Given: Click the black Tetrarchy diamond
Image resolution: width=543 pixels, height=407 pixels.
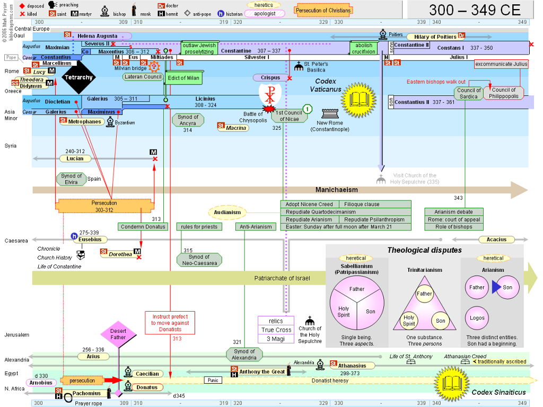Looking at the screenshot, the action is coord(78,77).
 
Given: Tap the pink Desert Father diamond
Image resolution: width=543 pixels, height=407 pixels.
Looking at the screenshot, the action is coord(118,334).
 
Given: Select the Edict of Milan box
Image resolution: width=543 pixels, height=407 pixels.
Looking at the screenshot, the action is coord(183,78).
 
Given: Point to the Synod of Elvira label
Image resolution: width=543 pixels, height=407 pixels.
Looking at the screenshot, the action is coord(72,179).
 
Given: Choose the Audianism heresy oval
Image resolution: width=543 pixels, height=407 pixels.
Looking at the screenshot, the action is coord(227,212).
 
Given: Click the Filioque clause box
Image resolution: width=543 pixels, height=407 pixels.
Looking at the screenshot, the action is coord(375,204).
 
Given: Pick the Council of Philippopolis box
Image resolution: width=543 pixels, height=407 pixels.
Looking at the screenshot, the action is coord(504,93).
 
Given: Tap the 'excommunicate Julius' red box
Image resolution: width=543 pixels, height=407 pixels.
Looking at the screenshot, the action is coord(501,64).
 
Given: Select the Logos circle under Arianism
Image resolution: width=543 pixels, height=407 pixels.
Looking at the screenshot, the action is coord(477,318).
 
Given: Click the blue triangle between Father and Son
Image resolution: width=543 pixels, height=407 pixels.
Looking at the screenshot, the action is coord(496,287).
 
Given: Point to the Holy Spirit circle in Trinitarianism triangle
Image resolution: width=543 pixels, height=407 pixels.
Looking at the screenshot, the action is coord(409,321).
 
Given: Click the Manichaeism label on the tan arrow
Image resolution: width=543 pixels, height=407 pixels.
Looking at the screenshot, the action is coord(337,190).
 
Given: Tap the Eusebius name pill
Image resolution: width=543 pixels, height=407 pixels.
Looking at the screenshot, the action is coord(90,240).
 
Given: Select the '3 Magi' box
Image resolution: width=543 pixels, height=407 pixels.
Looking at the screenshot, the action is coord(276,339).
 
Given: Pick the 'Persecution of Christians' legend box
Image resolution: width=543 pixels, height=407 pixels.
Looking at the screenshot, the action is coord(323,11).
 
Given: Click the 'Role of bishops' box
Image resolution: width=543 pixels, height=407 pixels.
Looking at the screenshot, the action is coord(454,227).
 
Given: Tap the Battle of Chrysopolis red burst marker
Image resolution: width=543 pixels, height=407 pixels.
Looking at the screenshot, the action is coord(269,109).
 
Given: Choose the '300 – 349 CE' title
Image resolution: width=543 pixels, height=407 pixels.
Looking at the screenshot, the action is coord(475,10).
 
